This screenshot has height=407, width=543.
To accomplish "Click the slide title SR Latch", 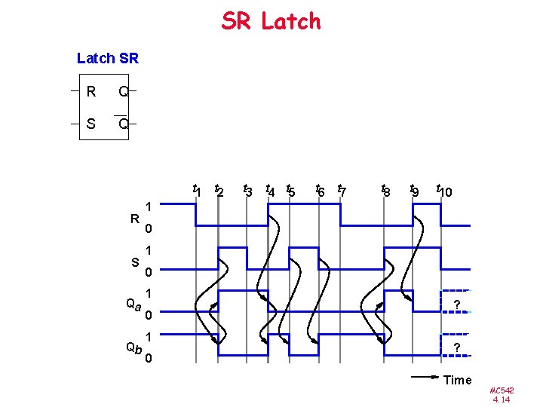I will (x=271, y=21).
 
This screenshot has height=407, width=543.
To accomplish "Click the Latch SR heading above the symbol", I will (x=108, y=58).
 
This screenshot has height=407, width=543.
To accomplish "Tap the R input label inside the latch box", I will (x=90, y=93).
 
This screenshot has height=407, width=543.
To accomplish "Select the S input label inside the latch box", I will (x=90, y=123).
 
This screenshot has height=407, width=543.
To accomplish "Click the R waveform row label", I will (x=134, y=219).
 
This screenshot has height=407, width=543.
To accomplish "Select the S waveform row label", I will (x=134, y=262).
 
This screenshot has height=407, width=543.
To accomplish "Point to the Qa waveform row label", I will (x=133, y=304).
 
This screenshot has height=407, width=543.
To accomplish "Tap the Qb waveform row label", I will (x=133, y=347).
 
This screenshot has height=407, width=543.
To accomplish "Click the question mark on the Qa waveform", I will (x=456, y=304).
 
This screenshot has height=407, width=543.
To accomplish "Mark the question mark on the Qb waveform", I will (x=456, y=347).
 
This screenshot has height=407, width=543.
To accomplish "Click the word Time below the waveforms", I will (x=457, y=380).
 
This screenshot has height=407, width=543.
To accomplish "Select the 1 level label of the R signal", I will (x=149, y=206).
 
